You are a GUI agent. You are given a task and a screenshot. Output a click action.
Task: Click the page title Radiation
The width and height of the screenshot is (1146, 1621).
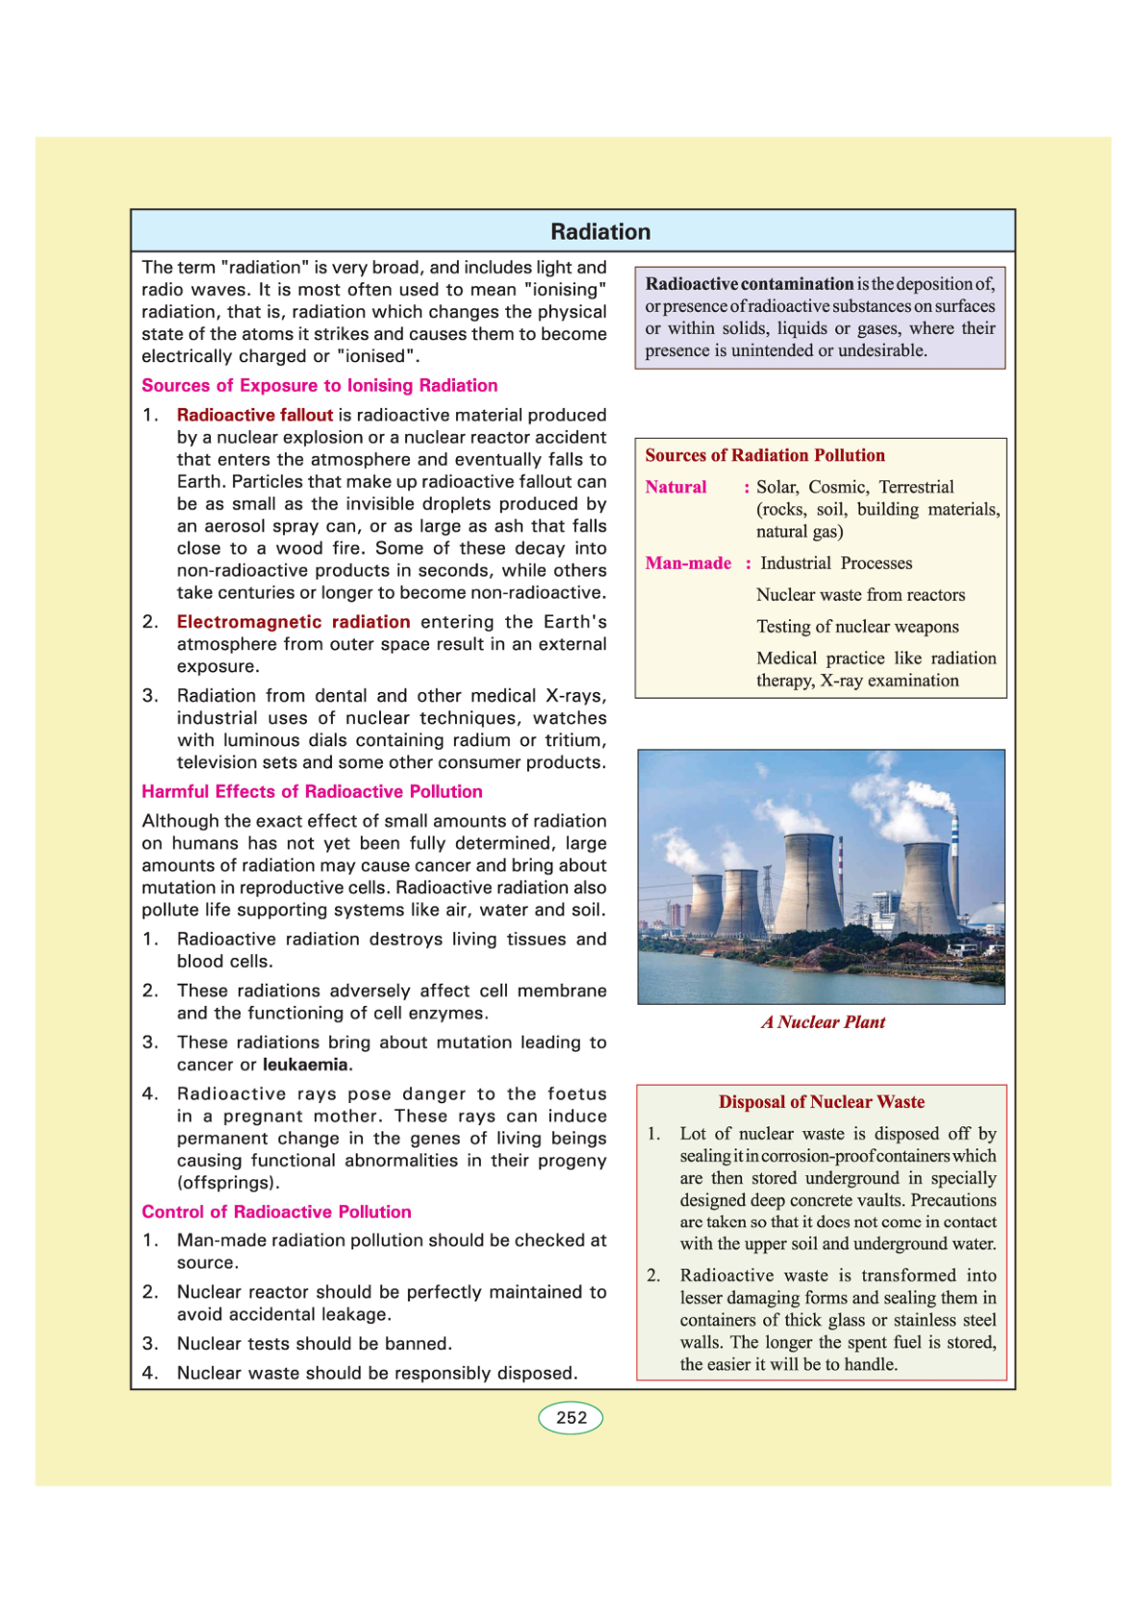pyautogui.click(x=600, y=232)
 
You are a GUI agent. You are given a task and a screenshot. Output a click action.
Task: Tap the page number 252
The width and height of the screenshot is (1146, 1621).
pyautogui.click(x=571, y=1418)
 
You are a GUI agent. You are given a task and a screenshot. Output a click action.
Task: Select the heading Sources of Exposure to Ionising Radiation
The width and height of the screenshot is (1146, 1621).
pyautogui.click(x=319, y=386)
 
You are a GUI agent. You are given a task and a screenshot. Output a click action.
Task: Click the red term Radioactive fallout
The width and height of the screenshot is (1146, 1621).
pyautogui.click(x=254, y=415)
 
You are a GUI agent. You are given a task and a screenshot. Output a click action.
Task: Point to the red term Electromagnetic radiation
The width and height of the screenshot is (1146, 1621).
pyautogui.click(x=293, y=622)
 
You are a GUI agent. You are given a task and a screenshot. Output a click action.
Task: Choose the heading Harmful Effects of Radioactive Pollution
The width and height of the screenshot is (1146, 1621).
pyautogui.click(x=312, y=791)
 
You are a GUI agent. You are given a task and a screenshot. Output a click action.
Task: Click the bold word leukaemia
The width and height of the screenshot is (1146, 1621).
pyautogui.click(x=305, y=1065)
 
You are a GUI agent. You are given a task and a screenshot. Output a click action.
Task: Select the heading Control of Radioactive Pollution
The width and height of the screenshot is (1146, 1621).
pyautogui.click(x=276, y=1212)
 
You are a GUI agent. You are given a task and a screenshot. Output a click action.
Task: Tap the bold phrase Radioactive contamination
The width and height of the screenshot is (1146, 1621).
pyautogui.click(x=749, y=284)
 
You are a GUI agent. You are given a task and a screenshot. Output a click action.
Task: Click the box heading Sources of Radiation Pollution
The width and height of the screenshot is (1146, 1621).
pyautogui.click(x=765, y=455)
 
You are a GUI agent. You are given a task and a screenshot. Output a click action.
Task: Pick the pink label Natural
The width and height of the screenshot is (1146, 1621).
pyautogui.click(x=675, y=487)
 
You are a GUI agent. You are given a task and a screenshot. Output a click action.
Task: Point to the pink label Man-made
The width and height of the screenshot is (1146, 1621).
pyautogui.click(x=688, y=563)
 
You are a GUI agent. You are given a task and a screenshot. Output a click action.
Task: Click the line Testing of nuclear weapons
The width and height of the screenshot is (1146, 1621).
pyautogui.click(x=857, y=627)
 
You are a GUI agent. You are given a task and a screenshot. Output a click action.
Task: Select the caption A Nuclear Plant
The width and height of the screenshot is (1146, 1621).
pyautogui.click(x=823, y=1022)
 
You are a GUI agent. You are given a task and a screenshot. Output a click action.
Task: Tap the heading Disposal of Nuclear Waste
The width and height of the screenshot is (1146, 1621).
pyautogui.click(x=821, y=1102)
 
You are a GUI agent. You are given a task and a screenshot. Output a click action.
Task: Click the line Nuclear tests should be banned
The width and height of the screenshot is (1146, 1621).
pyautogui.click(x=314, y=1344)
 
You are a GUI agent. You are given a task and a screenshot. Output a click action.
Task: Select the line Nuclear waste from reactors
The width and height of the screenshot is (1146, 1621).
pyautogui.click(x=860, y=595)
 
